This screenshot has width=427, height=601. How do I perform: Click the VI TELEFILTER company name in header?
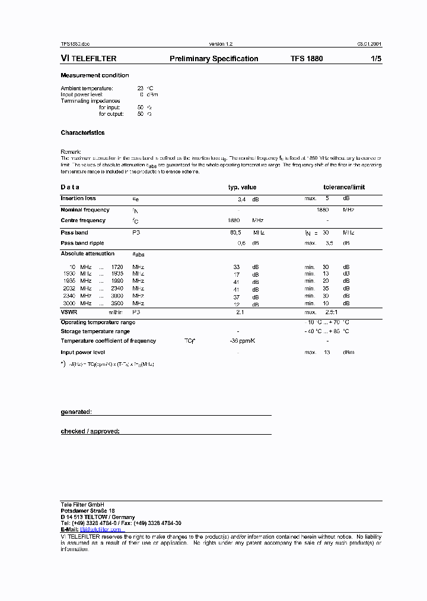(x=88, y=59)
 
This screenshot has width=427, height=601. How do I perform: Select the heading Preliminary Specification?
(x=213, y=59)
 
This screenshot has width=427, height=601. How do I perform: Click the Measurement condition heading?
(x=94, y=75)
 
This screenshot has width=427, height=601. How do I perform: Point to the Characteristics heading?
(x=82, y=133)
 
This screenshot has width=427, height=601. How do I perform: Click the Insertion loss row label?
(x=78, y=198)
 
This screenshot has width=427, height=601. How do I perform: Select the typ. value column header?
(x=242, y=187)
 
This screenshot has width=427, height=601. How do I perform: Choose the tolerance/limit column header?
(x=344, y=187)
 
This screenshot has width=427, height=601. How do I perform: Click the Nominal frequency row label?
(x=85, y=210)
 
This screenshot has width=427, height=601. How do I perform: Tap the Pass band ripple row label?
(x=82, y=243)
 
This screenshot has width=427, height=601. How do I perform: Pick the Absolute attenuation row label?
(x=87, y=254)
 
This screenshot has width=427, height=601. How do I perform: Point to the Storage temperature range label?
(x=95, y=331)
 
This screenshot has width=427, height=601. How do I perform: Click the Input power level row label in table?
(x=83, y=352)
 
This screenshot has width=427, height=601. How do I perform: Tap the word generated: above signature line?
(x=76, y=412)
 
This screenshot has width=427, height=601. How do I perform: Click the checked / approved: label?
(x=90, y=431)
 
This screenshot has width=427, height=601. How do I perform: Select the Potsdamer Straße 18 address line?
(x=88, y=511)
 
